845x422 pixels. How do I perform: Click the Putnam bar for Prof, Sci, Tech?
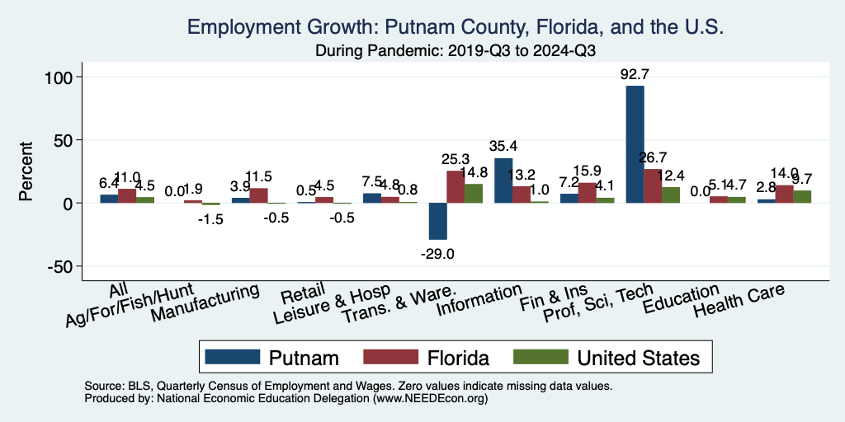pos(635,144)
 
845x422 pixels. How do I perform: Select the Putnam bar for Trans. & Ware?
pos(437,221)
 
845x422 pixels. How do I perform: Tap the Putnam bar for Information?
pos(503,181)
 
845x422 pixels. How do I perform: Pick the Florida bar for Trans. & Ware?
pos(456,186)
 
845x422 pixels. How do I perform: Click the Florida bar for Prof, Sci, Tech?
pos(653,185)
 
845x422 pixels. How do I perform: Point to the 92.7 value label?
pos(635,75)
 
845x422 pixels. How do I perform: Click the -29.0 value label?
pos(437,254)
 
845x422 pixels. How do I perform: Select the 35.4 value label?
pos(503,148)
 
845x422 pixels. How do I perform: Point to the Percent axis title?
pos(26,171)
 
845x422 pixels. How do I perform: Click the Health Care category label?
pos(739,302)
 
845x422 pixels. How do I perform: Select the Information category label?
pos(480,301)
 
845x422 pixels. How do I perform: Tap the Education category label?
pos(682,298)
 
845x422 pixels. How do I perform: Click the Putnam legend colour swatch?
pos(232,357)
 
